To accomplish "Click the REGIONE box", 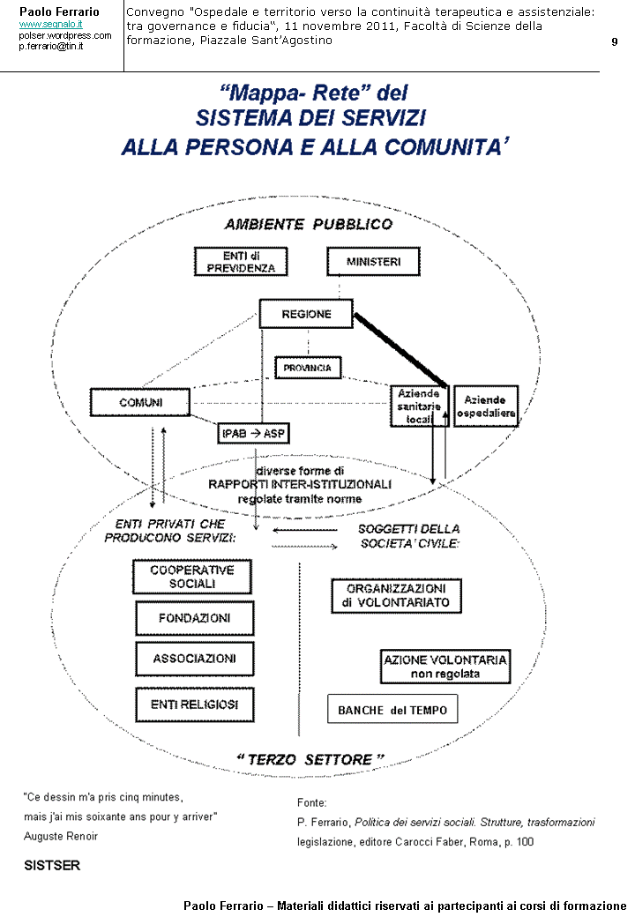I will (x=305, y=314).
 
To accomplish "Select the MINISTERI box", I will (x=373, y=262).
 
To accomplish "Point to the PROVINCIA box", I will (x=307, y=367).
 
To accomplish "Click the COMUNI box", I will (x=140, y=403).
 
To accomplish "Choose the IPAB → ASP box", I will (x=253, y=433).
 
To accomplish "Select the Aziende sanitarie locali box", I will (x=419, y=406).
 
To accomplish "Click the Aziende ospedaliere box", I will (x=486, y=406).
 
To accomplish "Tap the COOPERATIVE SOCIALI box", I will (x=191, y=577).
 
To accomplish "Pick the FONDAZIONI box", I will (x=194, y=618).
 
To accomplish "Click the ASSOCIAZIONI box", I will (x=194, y=659).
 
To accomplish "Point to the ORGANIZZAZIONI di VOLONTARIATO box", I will (x=396, y=595).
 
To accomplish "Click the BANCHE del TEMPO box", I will (x=392, y=710).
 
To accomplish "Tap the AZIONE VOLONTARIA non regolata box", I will (x=445, y=667).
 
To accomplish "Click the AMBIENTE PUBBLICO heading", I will (x=308, y=224).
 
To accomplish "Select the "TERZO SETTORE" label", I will (x=310, y=759).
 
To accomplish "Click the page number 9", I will (x=614, y=42).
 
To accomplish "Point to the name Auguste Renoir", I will (x=60, y=836).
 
